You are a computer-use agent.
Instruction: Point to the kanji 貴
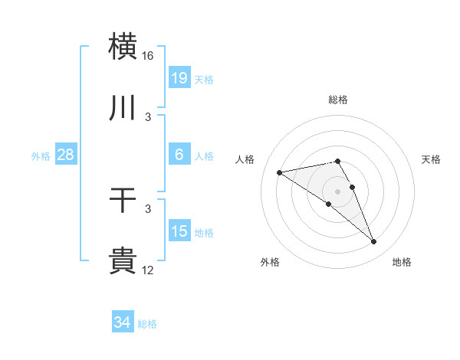coord(123,260)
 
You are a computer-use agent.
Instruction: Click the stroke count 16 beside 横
coord(148,56)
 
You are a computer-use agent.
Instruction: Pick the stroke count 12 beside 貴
coord(148,270)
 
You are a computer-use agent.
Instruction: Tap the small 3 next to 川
coord(148,117)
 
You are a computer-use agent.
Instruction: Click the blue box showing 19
coord(179,77)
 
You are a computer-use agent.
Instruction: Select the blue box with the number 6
coord(179,155)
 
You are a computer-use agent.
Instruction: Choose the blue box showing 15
coord(179,231)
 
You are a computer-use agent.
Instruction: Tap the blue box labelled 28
coord(66,155)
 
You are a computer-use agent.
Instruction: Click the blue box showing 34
coord(123,322)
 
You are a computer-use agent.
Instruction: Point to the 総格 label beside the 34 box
coord(147,324)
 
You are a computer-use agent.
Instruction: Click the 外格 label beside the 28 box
coord(41,156)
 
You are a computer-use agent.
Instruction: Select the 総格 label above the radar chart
coord(338,100)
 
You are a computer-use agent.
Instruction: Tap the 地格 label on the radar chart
coord(402,262)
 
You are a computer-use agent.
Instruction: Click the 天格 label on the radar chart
coord(432,159)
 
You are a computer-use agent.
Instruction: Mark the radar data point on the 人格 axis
coord(280,172)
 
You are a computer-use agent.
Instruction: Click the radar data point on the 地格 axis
coord(374,242)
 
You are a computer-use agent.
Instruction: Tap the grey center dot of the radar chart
coord(338,191)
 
